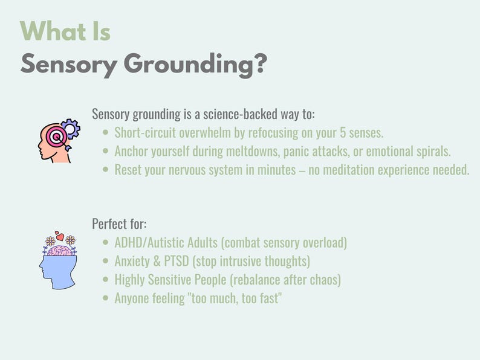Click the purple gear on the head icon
coord(71,129)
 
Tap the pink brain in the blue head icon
coord(60,249)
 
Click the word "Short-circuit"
coord(144,132)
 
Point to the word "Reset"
coord(128,170)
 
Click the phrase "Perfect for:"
coord(119,224)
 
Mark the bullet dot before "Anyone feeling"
coord(106,298)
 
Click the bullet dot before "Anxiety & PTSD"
coord(106,262)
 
